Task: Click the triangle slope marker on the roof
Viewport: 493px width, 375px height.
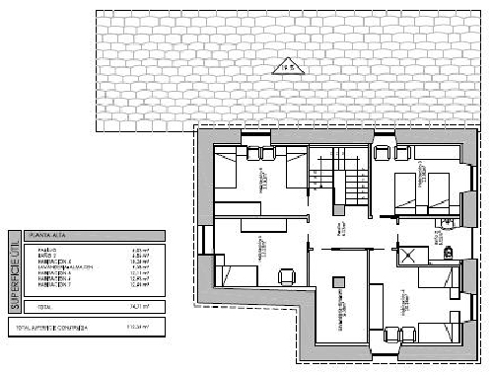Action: [290, 67]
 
